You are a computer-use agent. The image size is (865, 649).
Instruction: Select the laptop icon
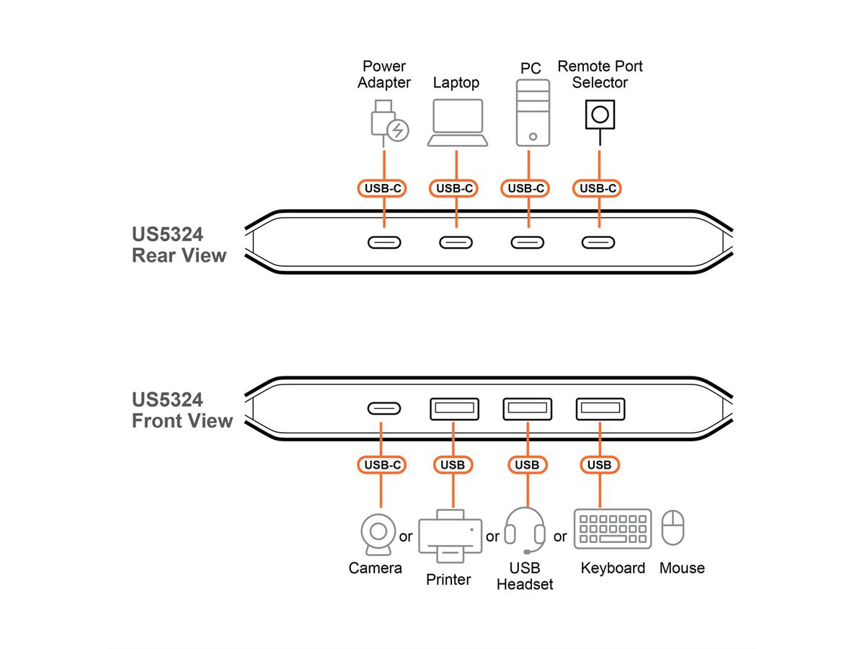tap(457, 123)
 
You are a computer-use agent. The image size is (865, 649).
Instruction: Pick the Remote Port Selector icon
tap(600, 114)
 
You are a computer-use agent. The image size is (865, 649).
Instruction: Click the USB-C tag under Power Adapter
tap(383, 189)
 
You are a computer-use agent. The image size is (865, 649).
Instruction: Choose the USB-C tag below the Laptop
tap(454, 189)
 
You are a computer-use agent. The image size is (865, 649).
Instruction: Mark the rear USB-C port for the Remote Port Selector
tap(598, 242)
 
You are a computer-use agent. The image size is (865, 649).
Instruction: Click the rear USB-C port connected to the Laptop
tap(456, 242)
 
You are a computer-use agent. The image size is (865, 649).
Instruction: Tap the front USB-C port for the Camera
tap(385, 409)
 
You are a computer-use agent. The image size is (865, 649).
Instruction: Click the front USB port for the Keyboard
tap(600, 409)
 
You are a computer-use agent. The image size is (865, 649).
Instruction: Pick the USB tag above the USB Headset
tap(527, 465)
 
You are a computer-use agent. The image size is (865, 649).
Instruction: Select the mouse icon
tap(673, 528)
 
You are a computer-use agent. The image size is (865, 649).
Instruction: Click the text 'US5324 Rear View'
tap(179, 245)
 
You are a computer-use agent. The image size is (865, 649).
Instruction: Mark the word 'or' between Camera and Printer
tap(406, 537)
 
